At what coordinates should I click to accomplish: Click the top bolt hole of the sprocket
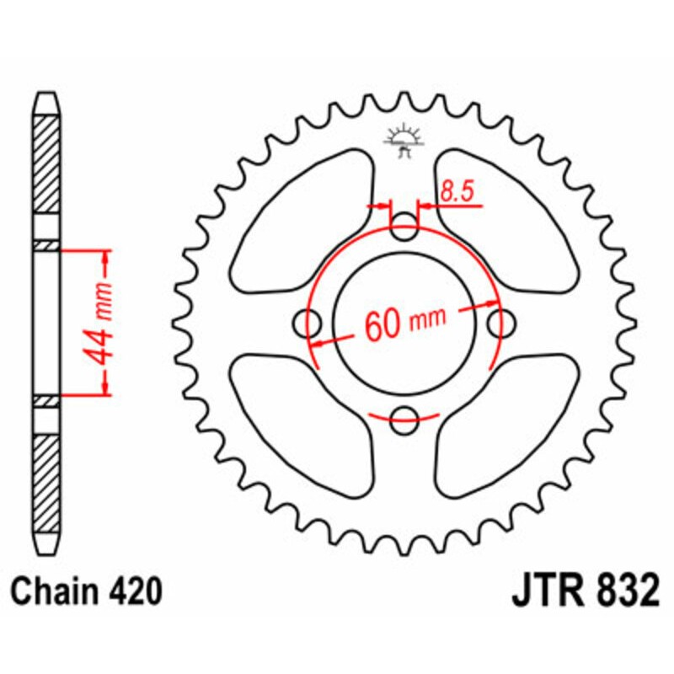point(406,225)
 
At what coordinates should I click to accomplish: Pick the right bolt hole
point(502,321)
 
